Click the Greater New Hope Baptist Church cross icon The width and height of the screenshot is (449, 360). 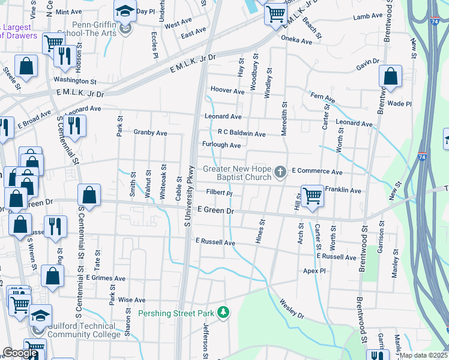click(280, 173)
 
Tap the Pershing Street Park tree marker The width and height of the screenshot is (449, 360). click(223, 313)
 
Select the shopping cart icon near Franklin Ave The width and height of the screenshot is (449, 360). click(312, 196)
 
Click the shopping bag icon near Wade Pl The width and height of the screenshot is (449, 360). click(390, 77)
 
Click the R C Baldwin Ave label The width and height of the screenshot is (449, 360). click(242, 133)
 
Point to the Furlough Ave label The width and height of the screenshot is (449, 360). click(221, 145)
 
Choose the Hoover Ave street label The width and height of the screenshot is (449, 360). click(228, 91)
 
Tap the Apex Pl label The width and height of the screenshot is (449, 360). click(314, 271)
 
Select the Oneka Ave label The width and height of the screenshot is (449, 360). click(298, 41)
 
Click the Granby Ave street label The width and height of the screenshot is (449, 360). click(150, 132)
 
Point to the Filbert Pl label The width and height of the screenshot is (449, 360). click(219, 193)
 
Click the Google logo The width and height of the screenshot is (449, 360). click(20, 353)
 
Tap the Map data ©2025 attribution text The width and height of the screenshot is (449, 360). click(423, 355)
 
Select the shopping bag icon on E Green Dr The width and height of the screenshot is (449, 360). click(89, 196)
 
